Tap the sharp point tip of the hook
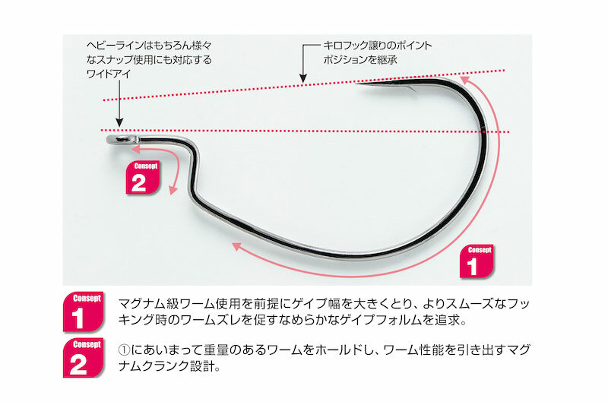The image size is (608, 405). pyautogui.click(x=359, y=86)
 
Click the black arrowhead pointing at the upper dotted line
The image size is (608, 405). pyautogui.click(x=303, y=78)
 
